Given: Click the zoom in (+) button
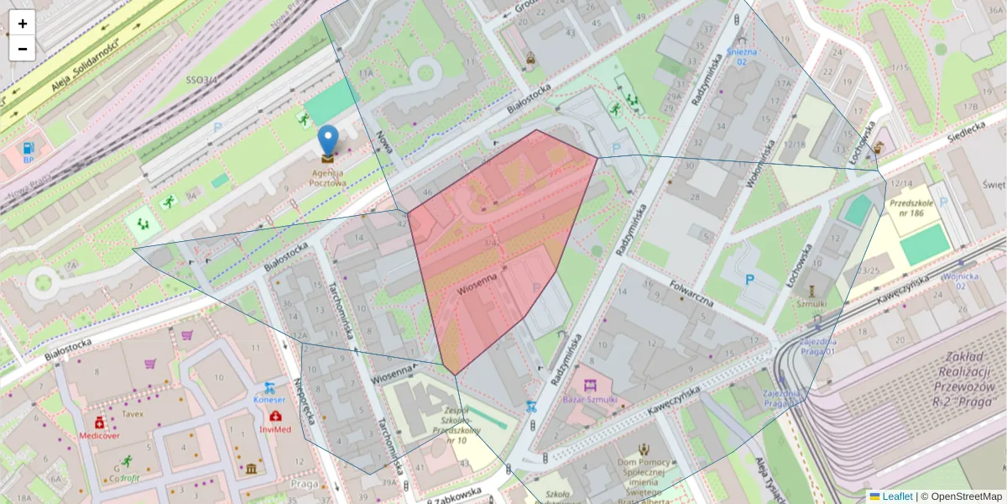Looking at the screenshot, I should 23,24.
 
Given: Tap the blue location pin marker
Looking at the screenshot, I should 327,141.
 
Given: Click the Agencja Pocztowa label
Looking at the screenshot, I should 327,176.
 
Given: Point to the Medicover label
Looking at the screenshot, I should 99,436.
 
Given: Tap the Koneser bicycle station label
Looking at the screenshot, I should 269,400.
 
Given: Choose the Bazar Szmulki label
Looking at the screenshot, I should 590,400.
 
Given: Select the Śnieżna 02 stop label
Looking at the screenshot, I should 742,56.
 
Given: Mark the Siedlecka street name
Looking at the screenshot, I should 966,130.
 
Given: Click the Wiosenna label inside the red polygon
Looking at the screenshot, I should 478,284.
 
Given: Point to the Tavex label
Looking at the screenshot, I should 132,413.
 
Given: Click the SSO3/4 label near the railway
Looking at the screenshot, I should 201,80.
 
